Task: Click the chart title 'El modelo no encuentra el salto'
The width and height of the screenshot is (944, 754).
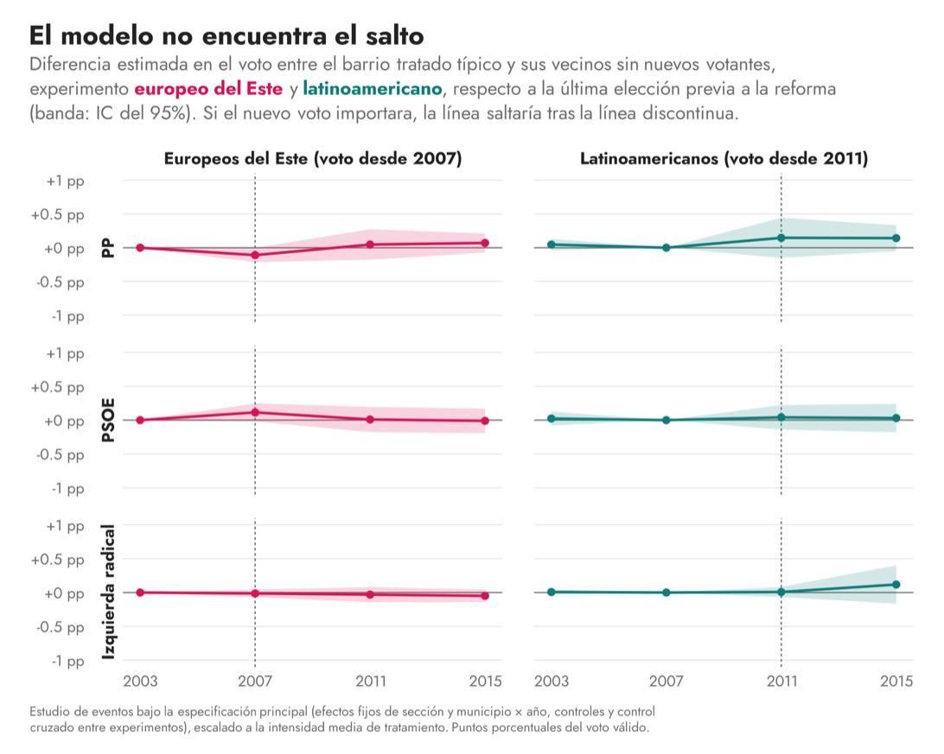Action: click(226, 35)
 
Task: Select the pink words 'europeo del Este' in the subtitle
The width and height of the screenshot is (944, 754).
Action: click(208, 89)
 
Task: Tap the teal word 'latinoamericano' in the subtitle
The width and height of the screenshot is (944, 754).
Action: click(372, 89)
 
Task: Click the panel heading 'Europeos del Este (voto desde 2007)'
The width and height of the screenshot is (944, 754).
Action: click(313, 159)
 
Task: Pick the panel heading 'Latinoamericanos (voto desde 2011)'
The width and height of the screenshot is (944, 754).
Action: click(724, 159)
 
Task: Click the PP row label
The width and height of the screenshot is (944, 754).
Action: click(108, 248)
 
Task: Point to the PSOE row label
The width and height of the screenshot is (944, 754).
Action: click(108, 421)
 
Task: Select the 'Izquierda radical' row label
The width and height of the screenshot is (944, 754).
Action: click(108, 592)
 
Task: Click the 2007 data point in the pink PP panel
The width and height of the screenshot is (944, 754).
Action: click(255, 255)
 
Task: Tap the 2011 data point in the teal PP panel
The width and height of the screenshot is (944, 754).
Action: click(781, 238)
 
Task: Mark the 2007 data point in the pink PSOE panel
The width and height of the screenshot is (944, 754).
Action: click(255, 413)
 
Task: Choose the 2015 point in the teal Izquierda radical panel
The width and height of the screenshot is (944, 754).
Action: click(896, 585)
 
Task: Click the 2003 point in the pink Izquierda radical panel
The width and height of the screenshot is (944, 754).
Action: click(140, 592)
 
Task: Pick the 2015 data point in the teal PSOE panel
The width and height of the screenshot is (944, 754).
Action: click(896, 419)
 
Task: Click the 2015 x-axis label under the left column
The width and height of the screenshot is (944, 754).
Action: click(485, 681)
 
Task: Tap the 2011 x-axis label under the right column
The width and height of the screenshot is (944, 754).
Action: click(781, 681)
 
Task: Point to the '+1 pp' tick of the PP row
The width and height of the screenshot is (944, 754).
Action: click(65, 181)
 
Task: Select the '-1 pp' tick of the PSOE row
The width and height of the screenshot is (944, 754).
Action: click(67, 489)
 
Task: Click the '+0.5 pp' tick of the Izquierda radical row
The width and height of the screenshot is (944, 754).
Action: click(58, 560)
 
